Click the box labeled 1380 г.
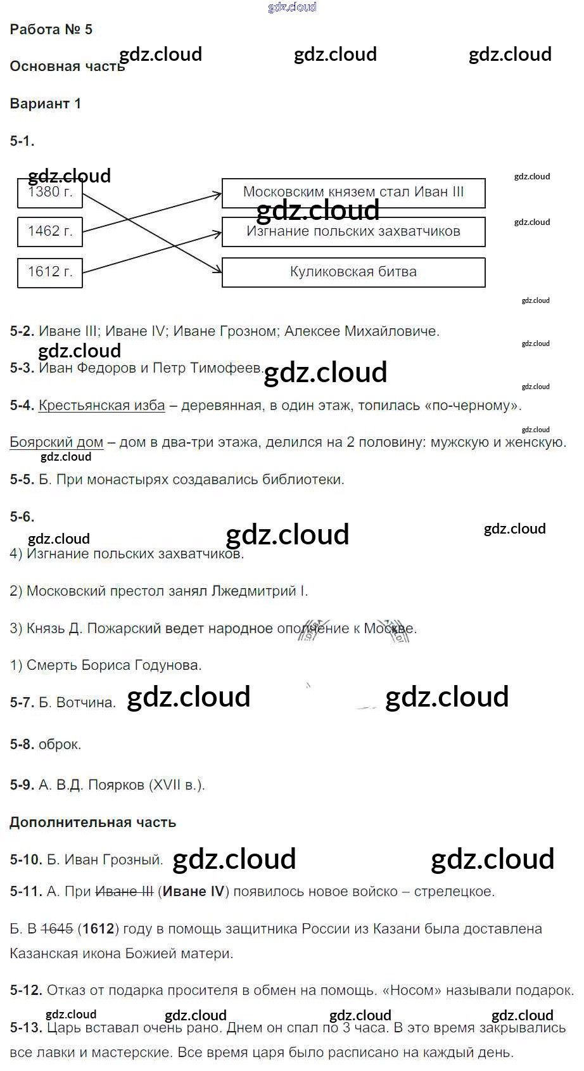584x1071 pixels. coord(50,193)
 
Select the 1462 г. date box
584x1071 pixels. coord(50,232)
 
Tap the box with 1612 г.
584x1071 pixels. coord(50,273)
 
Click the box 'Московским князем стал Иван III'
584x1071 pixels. coord(353,193)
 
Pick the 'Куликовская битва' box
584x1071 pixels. coord(353,273)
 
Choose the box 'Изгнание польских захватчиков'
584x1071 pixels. coord(353,232)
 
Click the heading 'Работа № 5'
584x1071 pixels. coord(51,29)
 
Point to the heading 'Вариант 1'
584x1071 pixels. coord(46,104)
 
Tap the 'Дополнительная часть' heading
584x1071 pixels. coord(93,823)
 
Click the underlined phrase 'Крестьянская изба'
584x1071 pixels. coord(101,406)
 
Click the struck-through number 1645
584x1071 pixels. coord(57,929)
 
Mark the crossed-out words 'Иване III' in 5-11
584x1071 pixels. coord(124,892)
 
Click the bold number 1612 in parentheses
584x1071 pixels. coord(98,929)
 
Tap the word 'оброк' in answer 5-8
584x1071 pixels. coord(58,745)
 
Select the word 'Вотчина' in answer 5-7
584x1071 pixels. coord(86,703)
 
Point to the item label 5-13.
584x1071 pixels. coord(26,1027)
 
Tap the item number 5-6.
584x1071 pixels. coord(22,517)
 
